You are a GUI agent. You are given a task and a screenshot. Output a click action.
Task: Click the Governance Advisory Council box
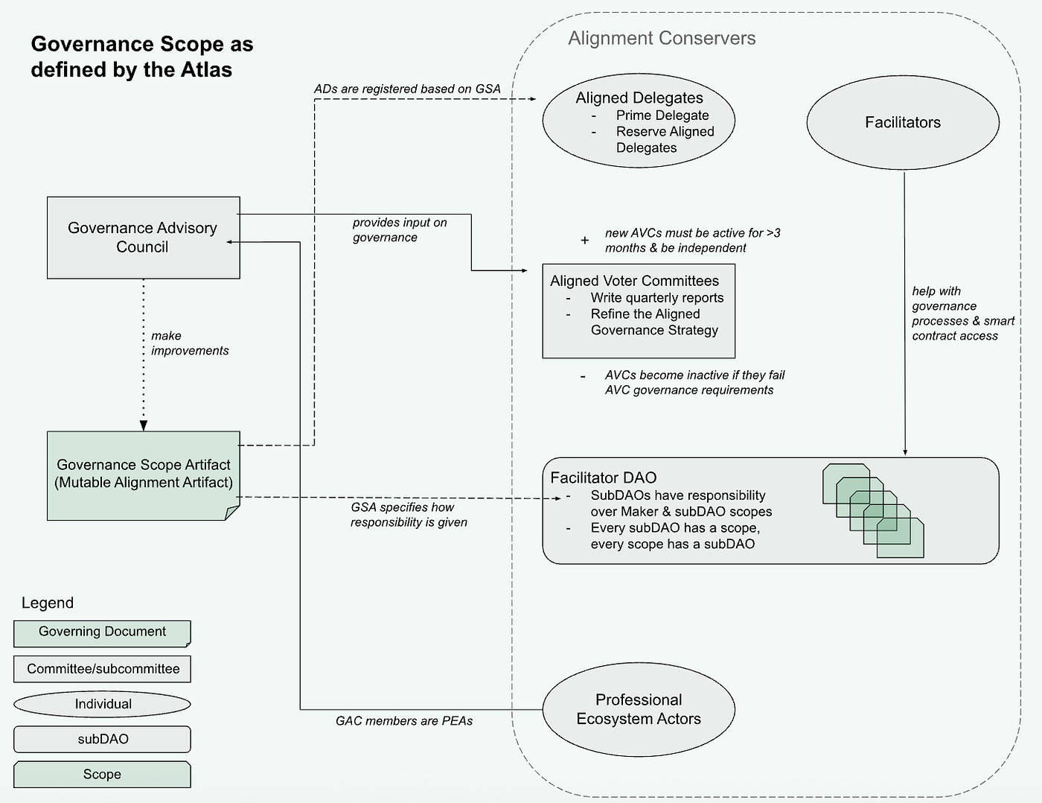144,238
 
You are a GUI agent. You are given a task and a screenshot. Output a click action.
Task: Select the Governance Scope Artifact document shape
144,475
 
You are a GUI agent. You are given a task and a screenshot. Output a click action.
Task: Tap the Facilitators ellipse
903,122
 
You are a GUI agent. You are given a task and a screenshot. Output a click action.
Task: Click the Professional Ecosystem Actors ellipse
639,709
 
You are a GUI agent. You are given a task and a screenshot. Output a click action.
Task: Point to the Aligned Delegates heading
639,98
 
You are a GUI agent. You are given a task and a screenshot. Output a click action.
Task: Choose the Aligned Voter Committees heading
634,281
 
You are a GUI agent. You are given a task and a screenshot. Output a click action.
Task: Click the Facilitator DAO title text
603,477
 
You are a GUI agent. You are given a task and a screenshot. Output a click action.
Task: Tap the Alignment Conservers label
662,38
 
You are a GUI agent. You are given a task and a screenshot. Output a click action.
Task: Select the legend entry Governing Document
102,634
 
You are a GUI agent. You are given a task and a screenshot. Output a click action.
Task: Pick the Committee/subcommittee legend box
102,669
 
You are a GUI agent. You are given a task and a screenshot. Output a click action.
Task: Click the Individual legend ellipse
102,704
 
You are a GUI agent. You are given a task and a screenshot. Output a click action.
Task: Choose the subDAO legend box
102,739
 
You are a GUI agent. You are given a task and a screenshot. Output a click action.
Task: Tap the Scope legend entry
102,774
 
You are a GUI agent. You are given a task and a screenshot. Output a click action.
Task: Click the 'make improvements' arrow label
190,343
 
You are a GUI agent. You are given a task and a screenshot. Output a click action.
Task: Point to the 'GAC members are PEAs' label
404,721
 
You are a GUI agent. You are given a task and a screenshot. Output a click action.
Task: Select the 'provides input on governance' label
400,229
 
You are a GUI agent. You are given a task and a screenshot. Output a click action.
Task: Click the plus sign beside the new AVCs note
584,240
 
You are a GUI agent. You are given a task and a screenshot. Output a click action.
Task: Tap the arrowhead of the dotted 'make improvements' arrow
144,425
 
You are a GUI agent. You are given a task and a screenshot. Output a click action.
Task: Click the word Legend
48,603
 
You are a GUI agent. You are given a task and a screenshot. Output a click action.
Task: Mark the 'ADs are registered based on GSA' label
407,89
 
